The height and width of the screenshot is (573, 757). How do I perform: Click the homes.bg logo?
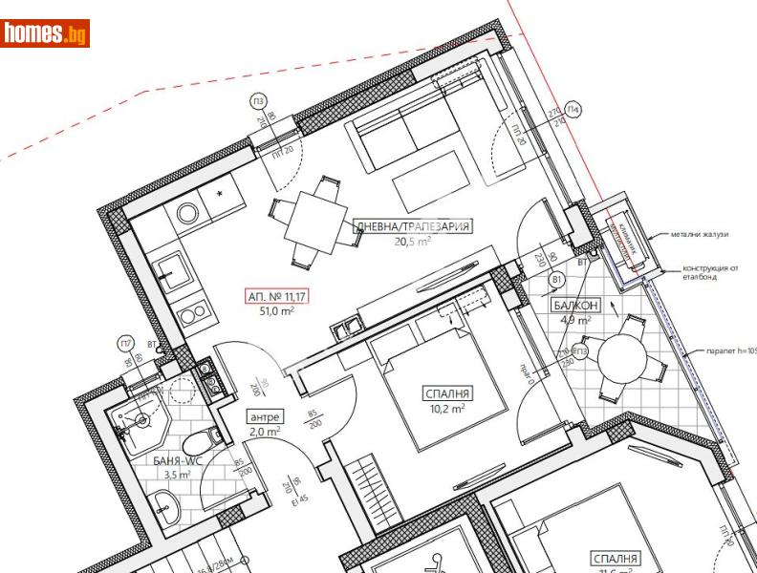pyautogui.click(x=46, y=34)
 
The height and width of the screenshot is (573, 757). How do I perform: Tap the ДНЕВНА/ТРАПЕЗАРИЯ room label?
pyautogui.click(x=412, y=226)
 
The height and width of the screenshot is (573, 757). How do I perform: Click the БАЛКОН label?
pyautogui.click(x=575, y=306)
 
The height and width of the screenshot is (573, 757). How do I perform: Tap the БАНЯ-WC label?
pyautogui.click(x=177, y=460)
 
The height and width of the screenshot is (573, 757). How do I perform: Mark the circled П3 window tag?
pyautogui.click(x=258, y=102)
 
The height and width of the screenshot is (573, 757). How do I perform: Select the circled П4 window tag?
pyautogui.click(x=573, y=110)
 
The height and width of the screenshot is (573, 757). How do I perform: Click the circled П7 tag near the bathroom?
pyautogui.click(x=125, y=344)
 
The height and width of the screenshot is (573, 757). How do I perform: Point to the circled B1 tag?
pyautogui.click(x=557, y=279)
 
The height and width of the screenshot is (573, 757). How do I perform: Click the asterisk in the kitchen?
pyautogui.click(x=221, y=195)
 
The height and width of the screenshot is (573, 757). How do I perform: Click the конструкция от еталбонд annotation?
pyautogui.click(x=712, y=274)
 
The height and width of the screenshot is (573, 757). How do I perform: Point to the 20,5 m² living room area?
pyautogui.click(x=412, y=242)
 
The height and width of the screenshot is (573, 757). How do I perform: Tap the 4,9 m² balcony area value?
pyautogui.click(x=575, y=320)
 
